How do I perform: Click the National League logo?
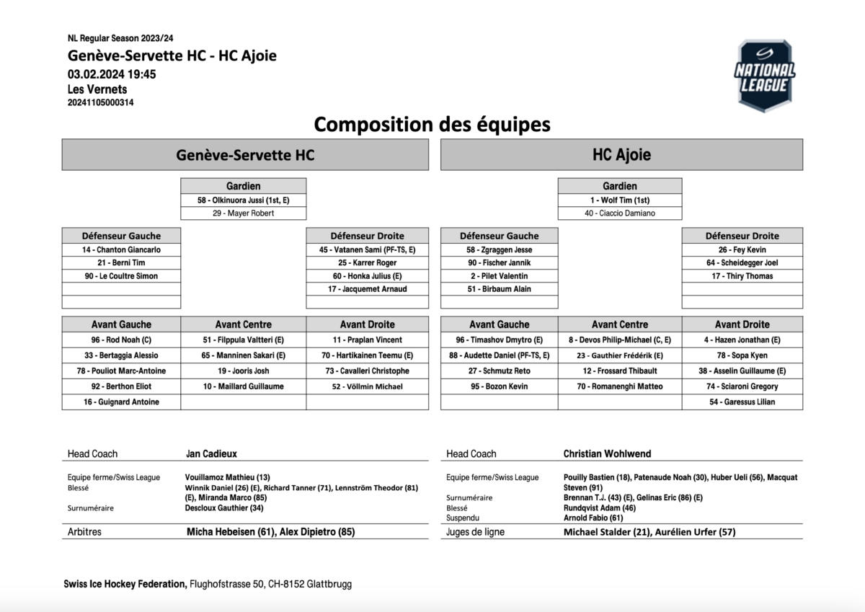765,76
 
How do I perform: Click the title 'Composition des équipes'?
432,124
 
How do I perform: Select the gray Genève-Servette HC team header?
245,155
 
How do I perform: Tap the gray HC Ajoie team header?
621,155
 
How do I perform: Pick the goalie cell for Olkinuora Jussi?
243,200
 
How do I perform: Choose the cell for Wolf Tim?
619,200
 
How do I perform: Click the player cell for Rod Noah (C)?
121,340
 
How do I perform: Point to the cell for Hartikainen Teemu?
367,355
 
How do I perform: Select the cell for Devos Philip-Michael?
619,340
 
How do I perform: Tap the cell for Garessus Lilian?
742,402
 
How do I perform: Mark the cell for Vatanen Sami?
367,249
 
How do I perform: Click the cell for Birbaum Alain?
499,289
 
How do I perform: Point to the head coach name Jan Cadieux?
211,454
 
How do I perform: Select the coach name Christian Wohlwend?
607,454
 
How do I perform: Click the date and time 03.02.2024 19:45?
112,74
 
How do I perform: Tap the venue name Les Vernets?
97,89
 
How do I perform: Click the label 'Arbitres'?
84,532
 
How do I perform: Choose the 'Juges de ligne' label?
475,532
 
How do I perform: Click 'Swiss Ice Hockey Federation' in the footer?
125,584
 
